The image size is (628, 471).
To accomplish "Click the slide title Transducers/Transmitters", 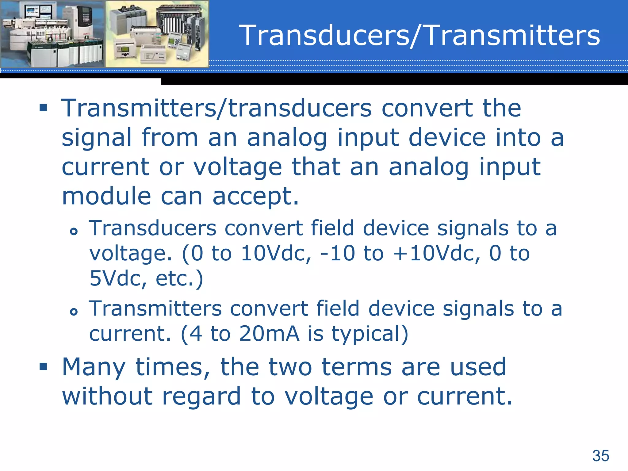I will [419, 36].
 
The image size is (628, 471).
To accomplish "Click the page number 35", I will [600, 456].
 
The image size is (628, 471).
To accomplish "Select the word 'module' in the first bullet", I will [106, 196].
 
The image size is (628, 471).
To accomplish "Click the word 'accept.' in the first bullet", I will [255, 197].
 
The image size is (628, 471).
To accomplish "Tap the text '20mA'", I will [269, 334].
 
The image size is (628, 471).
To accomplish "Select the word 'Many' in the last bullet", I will [94, 367].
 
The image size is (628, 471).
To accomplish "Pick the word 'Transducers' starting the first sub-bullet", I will [153, 228].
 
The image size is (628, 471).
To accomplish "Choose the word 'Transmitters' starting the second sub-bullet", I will [155, 308].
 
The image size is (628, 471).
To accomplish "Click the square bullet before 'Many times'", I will [43, 366].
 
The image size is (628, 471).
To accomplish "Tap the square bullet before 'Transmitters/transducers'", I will [43, 108].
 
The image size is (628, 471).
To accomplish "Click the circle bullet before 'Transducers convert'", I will [74, 231].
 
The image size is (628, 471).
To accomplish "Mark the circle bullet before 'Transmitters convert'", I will [74, 312].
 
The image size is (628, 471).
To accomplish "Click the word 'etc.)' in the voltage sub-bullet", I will [179, 278].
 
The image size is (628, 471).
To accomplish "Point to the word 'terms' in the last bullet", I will [356, 367].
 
